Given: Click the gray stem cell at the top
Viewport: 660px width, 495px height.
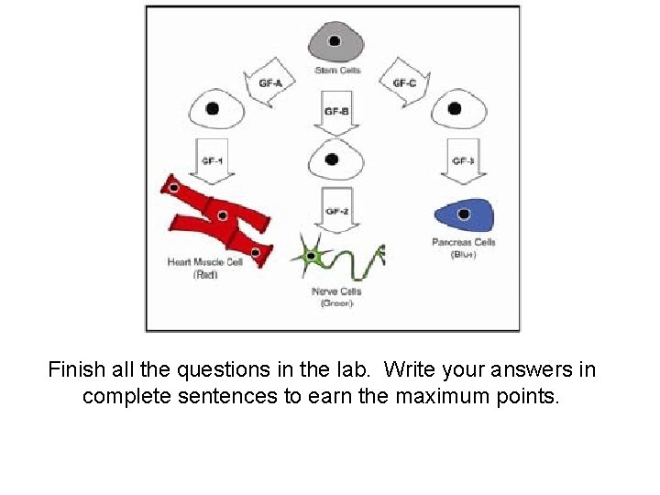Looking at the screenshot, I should (x=335, y=41).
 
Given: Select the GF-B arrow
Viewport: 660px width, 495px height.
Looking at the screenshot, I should (x=336, y=113).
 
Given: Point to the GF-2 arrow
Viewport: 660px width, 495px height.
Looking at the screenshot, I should (x=336, y=211).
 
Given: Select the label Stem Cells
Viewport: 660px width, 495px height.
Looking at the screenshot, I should (x=337, y=70).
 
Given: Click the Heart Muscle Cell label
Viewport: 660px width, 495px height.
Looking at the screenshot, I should (x=205, y=262).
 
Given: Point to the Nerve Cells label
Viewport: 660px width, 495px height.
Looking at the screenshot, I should (x=336, y=291).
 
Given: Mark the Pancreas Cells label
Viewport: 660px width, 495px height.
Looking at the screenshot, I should (x=463, y=242).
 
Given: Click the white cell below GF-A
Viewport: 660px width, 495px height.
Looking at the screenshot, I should (x=215, y=109).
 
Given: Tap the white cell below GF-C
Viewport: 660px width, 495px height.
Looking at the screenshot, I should (x=455, y=109).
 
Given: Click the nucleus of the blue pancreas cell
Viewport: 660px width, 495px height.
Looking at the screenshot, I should (x=464, y=214).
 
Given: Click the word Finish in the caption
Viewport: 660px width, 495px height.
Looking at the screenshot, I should (x=76, y=370).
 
